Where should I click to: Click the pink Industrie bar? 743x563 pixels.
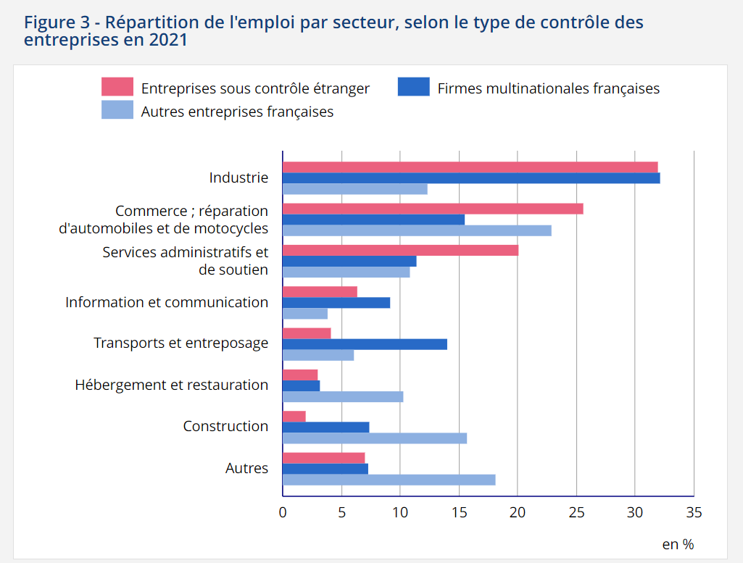point(470,167)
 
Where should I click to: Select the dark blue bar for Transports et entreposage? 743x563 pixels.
point(365,344)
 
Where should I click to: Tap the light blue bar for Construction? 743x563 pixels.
point(375,438)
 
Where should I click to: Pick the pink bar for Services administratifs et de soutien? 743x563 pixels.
point(400,251)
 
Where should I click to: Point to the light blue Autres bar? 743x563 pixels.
point(389,480)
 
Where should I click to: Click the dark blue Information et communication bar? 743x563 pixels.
point(336,303)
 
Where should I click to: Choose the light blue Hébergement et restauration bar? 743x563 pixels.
point(343,396)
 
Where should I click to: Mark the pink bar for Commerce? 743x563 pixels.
point(433,209)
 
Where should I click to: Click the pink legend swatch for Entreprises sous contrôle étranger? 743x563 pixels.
point(117,87)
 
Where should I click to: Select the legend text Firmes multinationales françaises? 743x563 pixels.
point(549,88)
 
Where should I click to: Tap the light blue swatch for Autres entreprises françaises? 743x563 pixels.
point(117,110)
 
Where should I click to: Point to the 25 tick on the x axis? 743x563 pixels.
point(576,512)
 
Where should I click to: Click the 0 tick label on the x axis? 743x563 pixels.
point(283,512)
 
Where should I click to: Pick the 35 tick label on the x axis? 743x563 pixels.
point(694,512)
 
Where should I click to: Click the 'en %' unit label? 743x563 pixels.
point(678,543)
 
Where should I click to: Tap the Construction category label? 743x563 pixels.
point(225,426)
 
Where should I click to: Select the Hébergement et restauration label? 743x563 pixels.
point(172,385)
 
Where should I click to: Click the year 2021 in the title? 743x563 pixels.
point(167,40)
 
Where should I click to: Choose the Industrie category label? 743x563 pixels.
point(238,178)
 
